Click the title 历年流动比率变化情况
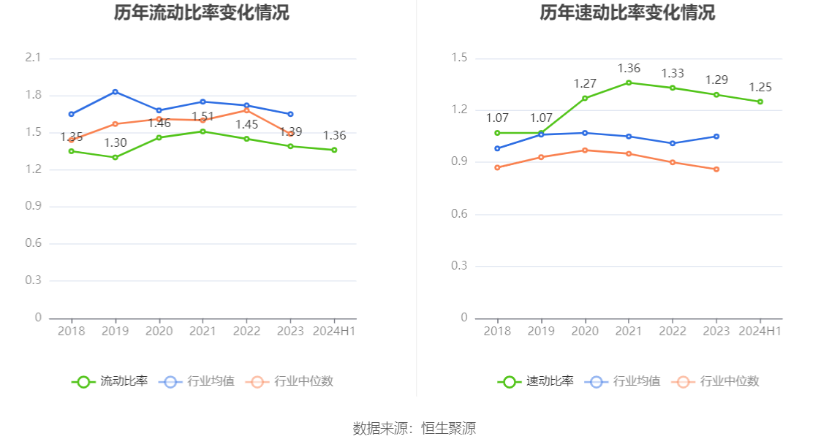pyautogui.click(x=202, y=13)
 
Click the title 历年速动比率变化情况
pyautogui.click(x=627, y=13)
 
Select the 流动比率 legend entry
pyautogui.click(x=110, y=381)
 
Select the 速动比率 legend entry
pyautogui.click(x=537, y=381)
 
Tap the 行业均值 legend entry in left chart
pyautogui.click(x=198, y=381)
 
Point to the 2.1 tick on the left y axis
pyautogui.click(x=34, y=58)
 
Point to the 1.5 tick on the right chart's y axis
pyautogui.click(x=459, y=58)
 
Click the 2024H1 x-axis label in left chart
pyautogui.click(x=335, y=331)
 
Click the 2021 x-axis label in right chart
pyautogui.click(x=629, y=331)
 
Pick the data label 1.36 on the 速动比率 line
pyautogui.click(x=629, y=68)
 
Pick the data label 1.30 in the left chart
pyautogui.click(x=115, y=143)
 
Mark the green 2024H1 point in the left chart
pyautogui.click(x=334, y=150)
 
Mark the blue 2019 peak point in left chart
pyautogui.click(x=115, y=91)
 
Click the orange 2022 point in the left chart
pyautogui.click(x=246, y=110)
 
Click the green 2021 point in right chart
pyautogui.click(x=629, y=83)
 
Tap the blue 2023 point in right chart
pyautogui.click(x=716, y=137)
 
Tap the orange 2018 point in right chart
pyautogui.click(x=497, y=167)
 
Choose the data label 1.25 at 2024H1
pyautogui.click(x=760, y=88)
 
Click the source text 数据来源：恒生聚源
pyautogui.click(x=414, y=429)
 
